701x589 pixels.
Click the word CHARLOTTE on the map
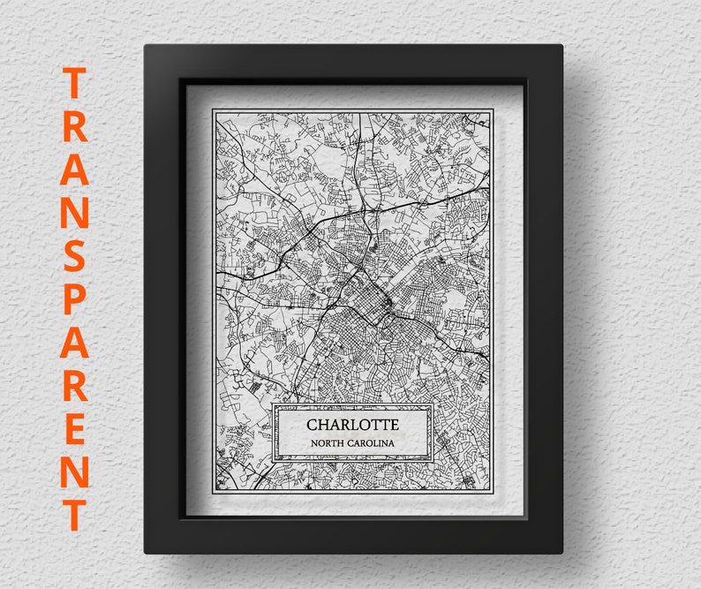pyautogui.click(x=352, y=424)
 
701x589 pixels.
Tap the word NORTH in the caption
pyautogui.click(x=328, y=442)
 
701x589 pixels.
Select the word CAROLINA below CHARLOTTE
pyautogui.click(x=372, y=442)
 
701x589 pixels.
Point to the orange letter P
pyautogui.click(x=76, y=303)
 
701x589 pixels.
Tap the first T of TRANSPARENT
pyautogui.click(x=76, y=86)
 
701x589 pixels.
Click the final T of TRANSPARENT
pyautogui.click(x=76, y=514)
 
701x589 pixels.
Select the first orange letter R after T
pyautogui.click(x=76, y=128)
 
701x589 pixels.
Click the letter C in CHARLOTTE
pyautogui.click(x=312, y=424)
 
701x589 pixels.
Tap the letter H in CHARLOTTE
pyautogui.click(x=324, y=424)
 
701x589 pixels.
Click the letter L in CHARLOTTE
pyautogui.click(x=352, y=424)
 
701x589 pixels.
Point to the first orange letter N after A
pyautogui.click(x=76, y=216)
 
